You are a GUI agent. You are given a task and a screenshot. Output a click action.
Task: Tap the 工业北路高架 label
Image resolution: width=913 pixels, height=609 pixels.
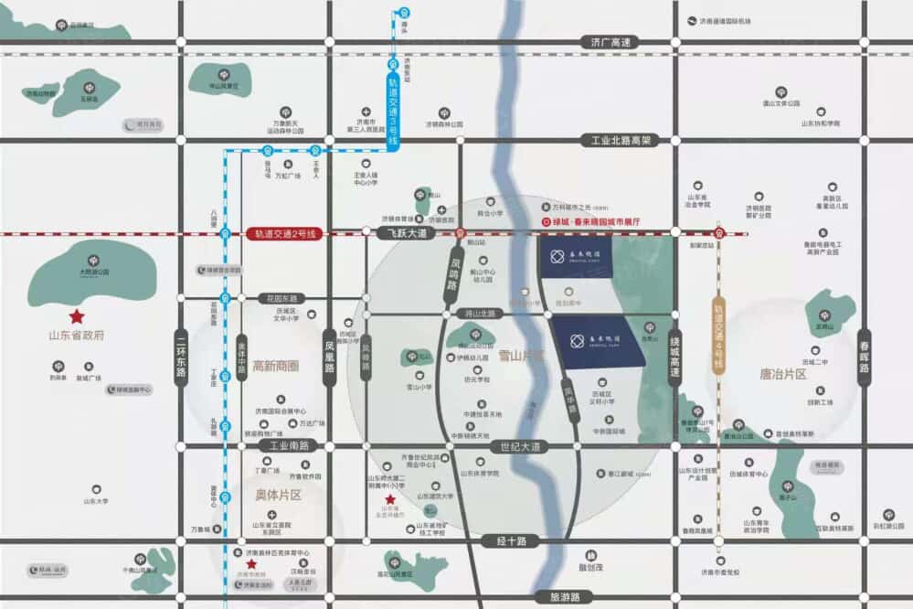click(x=621, y=141)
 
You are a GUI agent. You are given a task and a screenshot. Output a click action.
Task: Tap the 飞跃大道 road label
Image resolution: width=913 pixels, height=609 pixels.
click(x=402, y=234)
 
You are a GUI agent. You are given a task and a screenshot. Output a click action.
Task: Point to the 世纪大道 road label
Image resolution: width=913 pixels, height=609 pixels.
click(x=522, y=447)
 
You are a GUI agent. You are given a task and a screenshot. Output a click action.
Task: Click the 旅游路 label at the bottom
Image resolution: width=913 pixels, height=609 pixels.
click(x=566, y=597)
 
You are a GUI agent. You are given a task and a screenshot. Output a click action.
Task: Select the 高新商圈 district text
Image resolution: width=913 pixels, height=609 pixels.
click(x=276, y=366)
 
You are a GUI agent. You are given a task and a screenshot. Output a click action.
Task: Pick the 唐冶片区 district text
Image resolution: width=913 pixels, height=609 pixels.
click(x=783, y=374)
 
